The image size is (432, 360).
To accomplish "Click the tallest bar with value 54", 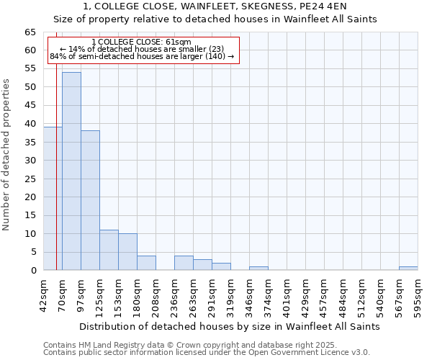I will (71, 171).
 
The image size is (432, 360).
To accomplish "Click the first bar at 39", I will (53, 198).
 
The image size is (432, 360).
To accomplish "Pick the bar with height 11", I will (109, 250).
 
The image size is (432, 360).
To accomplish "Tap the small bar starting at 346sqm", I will (258, 269).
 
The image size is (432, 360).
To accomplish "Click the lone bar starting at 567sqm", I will (408, 269).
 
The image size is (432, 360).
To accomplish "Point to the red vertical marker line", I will (56, 180).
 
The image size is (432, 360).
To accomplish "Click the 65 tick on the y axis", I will (30, 32).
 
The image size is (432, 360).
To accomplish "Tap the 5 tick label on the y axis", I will (33, 252).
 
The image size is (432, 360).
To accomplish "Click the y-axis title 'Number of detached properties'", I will (6, 155).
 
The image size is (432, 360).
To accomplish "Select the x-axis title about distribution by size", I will (229, 326).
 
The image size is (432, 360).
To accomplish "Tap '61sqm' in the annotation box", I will (177, 42).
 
